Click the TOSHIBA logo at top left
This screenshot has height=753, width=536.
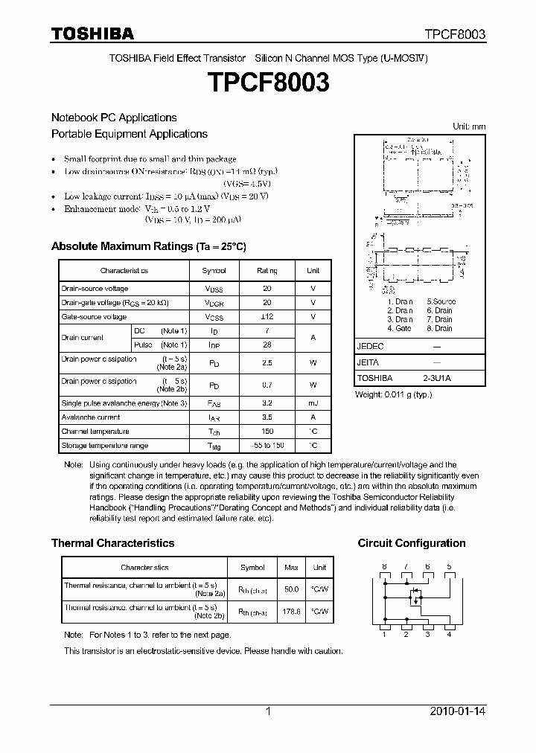[92, 33]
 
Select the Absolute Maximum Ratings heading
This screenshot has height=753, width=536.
[148, 246]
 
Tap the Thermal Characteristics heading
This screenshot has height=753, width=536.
[112, 543]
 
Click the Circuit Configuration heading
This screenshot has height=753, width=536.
[412, 543]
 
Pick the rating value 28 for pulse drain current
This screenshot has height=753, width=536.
[267, 345]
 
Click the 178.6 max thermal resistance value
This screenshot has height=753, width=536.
[291, 612]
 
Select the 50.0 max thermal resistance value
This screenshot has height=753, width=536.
[291, 589]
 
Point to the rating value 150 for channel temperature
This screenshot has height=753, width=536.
[267, 432]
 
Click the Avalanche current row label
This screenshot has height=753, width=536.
[91, 417]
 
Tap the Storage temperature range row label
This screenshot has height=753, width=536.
[104, 446]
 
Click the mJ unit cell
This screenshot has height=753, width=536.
[313, 403]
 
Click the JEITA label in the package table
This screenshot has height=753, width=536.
[368, 362]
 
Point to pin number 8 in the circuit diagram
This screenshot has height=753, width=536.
[384, 567]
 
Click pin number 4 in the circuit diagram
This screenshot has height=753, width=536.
[449, 634]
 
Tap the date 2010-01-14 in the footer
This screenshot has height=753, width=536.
[458, 711]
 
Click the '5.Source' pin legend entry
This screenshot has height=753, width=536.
[441, 301]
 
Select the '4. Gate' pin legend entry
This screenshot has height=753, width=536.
[399, 328]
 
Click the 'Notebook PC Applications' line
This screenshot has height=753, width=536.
[114, 118]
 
